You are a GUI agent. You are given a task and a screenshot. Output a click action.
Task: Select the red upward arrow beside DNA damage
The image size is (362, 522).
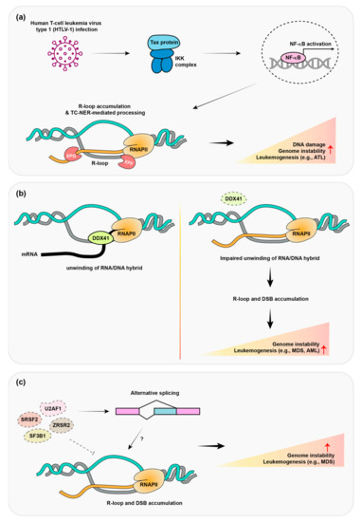(x=329, y=148)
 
